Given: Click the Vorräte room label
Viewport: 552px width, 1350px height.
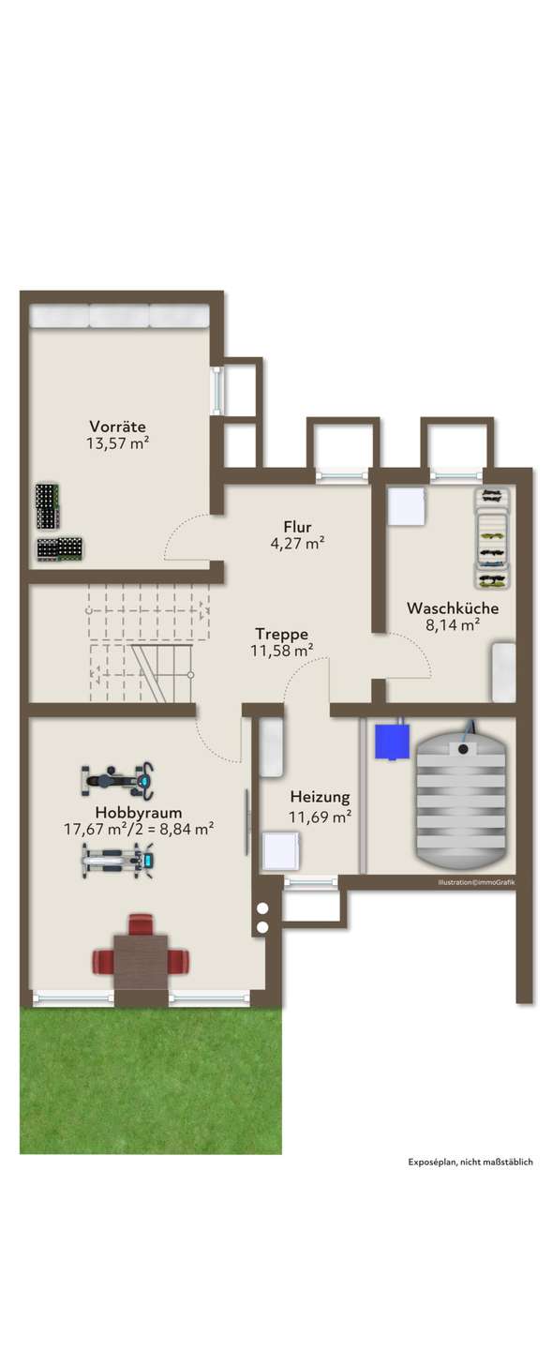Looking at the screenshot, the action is pos(117,426).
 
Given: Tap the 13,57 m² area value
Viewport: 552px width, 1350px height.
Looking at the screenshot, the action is pos(117,443).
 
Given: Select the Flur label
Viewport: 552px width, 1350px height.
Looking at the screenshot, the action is pos(298,527).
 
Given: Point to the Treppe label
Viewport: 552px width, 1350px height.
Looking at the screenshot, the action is pos(281,634).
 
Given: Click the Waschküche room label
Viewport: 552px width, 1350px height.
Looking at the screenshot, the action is pos(453,607).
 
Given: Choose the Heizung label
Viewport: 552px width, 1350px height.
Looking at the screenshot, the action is pos(320,797).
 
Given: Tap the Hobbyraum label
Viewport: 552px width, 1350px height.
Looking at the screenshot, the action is pos(139,813).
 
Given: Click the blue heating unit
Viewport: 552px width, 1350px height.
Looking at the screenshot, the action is pos(392,741).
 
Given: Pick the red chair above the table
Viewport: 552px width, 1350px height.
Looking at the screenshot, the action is pos(141,924).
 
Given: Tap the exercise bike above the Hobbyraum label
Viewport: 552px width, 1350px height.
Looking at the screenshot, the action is pos(117,781).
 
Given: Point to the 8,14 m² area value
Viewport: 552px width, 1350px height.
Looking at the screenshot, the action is pos(453,625).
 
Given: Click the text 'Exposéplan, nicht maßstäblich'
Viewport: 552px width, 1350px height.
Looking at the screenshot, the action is pos(470,1162).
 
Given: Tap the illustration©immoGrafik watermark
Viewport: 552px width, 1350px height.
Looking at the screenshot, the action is pos(476,882).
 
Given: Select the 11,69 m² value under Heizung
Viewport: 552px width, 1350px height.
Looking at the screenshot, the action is pos(320,817).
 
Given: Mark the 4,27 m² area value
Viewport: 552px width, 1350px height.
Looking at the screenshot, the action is pos(298,544).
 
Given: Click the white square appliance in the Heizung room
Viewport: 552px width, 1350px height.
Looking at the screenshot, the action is pos(281,849).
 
